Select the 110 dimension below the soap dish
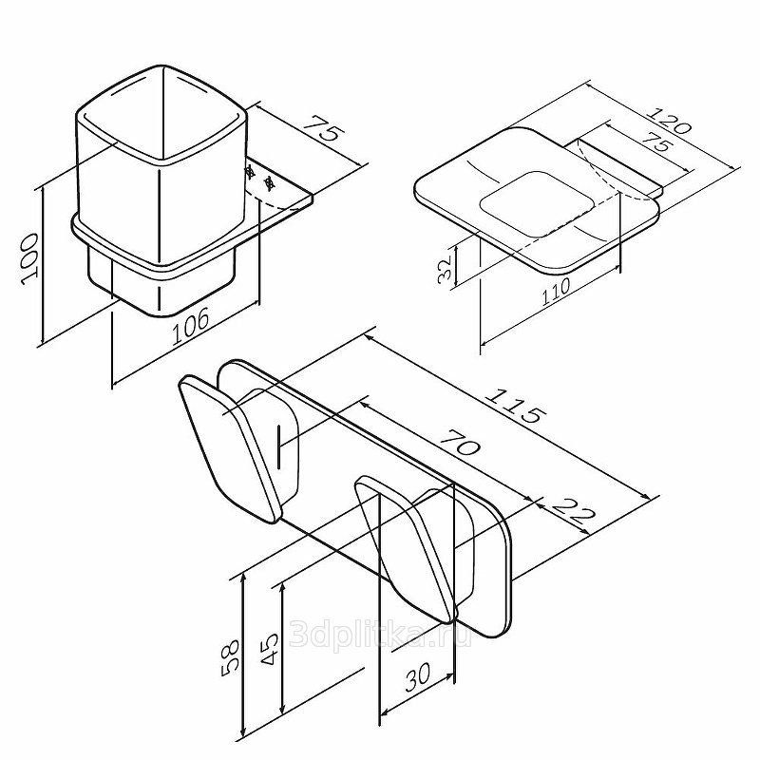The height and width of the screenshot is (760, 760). coord(556,291)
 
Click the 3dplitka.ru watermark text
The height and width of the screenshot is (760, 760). coord(380,635)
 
